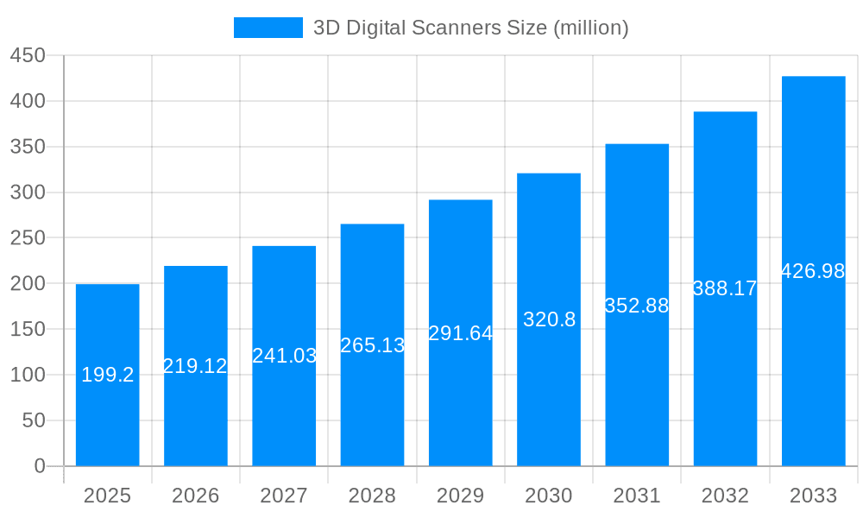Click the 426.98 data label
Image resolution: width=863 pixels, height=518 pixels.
click(x=813, y=271)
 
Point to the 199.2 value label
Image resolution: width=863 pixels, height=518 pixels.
click(x=107, y=375)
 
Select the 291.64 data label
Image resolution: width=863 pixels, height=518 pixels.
click(x=461, y=333)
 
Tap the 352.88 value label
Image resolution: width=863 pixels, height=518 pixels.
click(x=637, y=306)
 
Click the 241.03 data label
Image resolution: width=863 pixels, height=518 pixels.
click(x=284, y=356)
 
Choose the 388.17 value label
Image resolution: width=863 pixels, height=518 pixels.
click(x=725, y=288)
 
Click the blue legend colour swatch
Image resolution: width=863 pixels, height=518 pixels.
click(x=268, y=28)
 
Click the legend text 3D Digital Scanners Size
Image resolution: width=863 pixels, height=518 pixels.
click(x=470, y=28)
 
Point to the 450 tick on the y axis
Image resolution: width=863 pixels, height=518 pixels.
click(x=28, y=56)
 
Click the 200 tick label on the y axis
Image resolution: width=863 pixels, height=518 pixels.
click(x=28, y=283)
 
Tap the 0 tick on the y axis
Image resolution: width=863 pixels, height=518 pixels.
click(x=39, y=466)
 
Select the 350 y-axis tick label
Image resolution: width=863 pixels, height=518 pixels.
click(x=28, y=147)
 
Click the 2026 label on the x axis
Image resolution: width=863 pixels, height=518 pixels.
click(x=196, y=496)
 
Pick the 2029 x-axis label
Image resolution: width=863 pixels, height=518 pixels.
click(x=461, y=496)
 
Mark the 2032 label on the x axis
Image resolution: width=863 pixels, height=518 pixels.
click(x=725, y=496)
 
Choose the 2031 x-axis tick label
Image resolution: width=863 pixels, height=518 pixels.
click(x=637, y=496)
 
